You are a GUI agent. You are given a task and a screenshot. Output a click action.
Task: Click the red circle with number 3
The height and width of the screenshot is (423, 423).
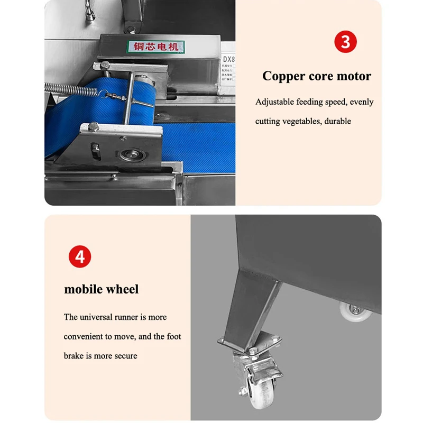(345, 42)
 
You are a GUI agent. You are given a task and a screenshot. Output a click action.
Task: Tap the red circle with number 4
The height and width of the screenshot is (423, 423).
(80, 257)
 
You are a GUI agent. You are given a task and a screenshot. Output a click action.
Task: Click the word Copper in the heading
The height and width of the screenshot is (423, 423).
(284, 76)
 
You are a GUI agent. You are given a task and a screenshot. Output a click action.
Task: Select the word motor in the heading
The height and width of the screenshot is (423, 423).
(355, 76)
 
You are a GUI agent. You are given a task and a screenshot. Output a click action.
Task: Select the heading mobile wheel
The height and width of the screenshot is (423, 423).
(102, 289)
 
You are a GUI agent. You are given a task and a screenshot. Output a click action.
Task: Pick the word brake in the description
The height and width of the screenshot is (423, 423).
(74, 356)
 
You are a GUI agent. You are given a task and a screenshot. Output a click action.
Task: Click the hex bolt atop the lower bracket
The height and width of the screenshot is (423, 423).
(94, 127)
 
